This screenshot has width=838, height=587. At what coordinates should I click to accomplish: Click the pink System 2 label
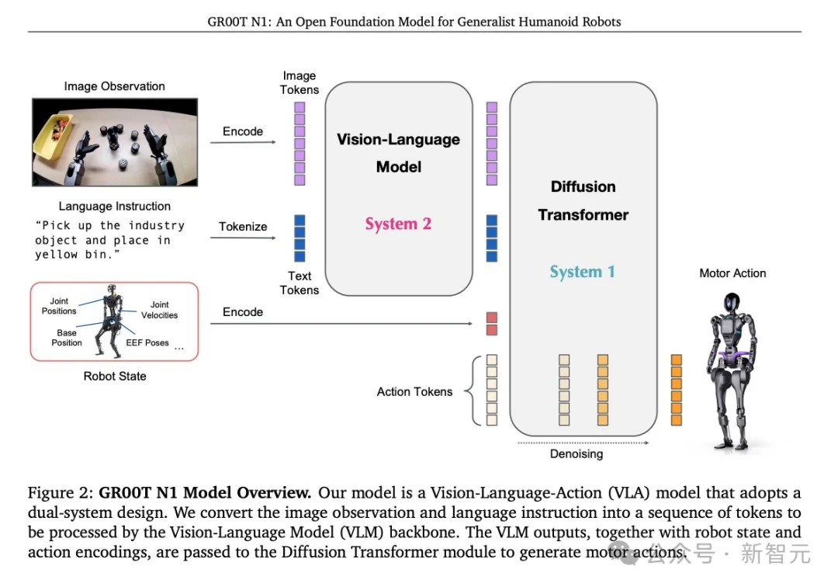pos(398,224)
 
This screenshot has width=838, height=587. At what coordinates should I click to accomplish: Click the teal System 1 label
pos(582,272)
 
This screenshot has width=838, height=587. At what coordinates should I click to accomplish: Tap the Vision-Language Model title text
pos(398,153)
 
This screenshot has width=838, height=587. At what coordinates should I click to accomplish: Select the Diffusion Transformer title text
pos(583,200)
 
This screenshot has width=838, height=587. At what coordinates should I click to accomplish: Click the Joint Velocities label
pos(159,310)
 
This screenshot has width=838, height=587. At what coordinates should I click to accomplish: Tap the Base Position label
pos(67,338)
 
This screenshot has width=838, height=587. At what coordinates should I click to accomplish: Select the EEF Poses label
pos(147,342)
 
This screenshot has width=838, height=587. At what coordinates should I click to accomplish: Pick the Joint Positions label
pos(59,306)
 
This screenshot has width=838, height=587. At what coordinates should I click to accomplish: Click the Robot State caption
pos(115,376)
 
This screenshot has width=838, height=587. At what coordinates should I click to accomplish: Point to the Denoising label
pos(576,453)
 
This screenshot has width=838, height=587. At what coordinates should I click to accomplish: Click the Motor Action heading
pos(732,273)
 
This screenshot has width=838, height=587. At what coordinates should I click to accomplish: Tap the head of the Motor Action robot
pos(732,304)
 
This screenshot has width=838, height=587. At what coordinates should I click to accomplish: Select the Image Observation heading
pos(114,86)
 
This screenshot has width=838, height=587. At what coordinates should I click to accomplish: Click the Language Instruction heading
pos(114,207)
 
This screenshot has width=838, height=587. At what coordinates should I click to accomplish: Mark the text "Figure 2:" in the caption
pos(61,493)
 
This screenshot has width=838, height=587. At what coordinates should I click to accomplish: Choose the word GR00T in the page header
pos(226,22)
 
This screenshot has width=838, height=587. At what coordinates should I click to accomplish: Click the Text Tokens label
pos(300,283)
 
